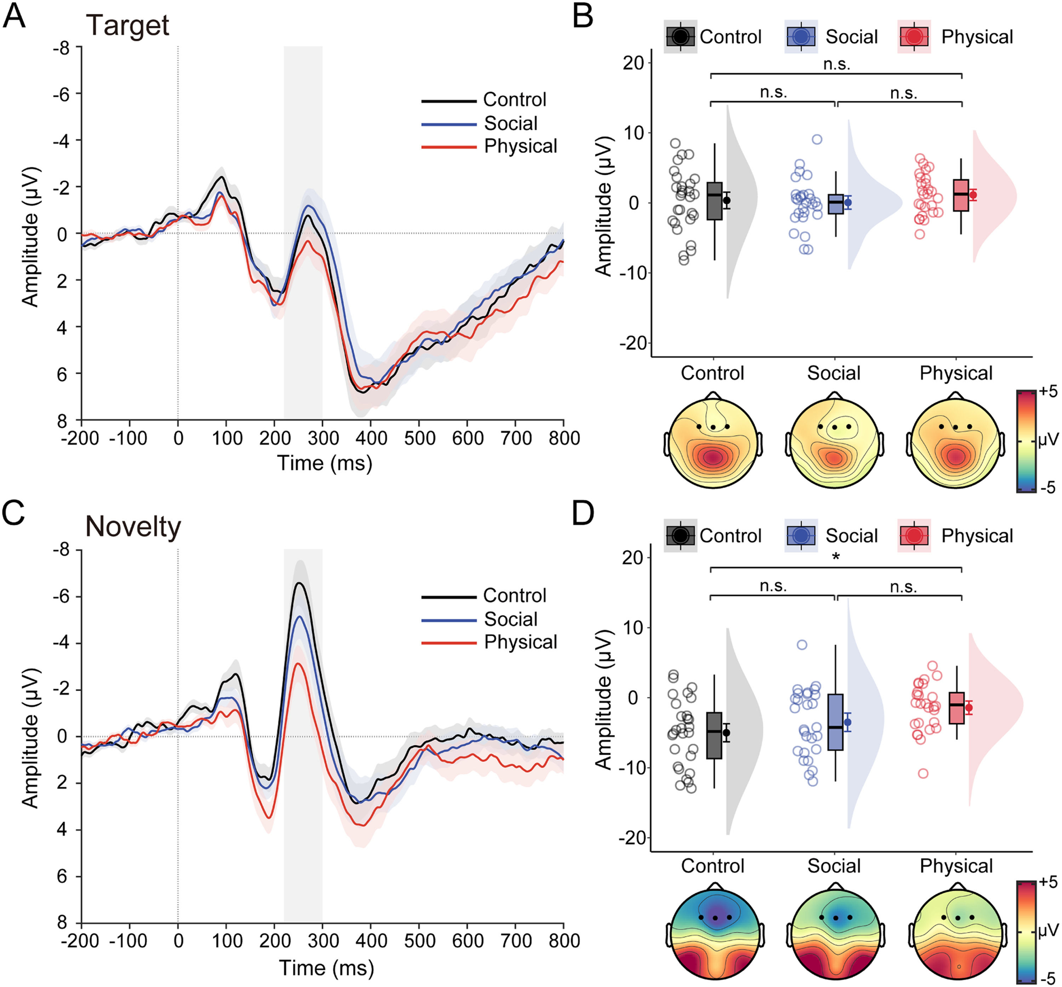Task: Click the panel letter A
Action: (x=15, y=17)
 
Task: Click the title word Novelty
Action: (x=133, y=527)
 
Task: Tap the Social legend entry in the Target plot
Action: (x=510, y=123)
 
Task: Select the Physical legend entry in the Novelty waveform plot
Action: (x=520, y=641)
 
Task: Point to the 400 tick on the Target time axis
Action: (x=371, y=439)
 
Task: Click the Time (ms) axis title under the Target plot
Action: (x=324, y=463)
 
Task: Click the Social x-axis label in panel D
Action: (x=833, y=866)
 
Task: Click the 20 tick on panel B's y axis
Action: (x=633, y=63)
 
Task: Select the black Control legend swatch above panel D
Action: (x=680, y=535)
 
